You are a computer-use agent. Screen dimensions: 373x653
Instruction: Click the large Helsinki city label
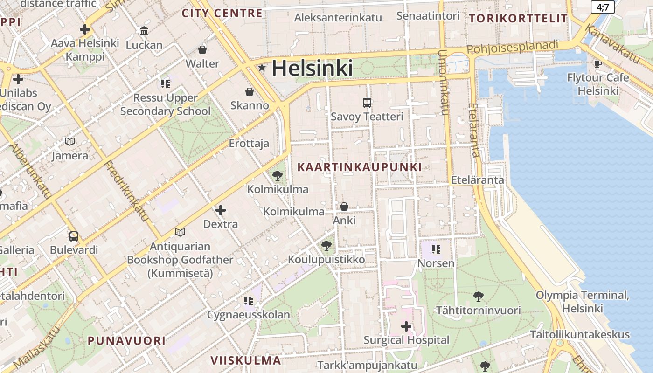click(312, 69)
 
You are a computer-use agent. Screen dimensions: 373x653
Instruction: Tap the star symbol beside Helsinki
click(262, 68)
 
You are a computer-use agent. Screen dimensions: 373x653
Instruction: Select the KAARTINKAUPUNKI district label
click(359, 167)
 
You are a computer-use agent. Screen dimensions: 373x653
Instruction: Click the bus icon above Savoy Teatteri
click(367, 103)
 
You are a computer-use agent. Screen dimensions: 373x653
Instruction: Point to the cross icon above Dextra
click(221, 211)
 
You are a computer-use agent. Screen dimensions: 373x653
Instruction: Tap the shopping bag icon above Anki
click(344, 207)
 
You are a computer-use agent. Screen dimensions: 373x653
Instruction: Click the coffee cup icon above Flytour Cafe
click(598, 64)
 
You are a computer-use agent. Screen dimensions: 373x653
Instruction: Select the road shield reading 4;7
click(603, 7)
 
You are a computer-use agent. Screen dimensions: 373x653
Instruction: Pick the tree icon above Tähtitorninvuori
click(478, 296)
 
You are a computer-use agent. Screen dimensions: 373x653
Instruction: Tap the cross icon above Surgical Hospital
click(406, 326)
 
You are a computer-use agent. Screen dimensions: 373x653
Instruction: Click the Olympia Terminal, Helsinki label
click(583, 302)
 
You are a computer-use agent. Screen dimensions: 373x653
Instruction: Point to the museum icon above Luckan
click(144, 31)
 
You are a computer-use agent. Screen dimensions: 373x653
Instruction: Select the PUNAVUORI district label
click(126, 340)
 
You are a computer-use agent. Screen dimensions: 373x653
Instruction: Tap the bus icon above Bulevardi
click(74, 236)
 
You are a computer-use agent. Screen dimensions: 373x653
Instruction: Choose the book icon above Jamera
click(70, 142)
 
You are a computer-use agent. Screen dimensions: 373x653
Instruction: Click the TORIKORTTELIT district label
click(518, 19)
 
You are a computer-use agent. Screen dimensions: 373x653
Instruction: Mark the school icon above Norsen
click(436, 249)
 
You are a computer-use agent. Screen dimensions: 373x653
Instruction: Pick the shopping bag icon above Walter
click(202, 50)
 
